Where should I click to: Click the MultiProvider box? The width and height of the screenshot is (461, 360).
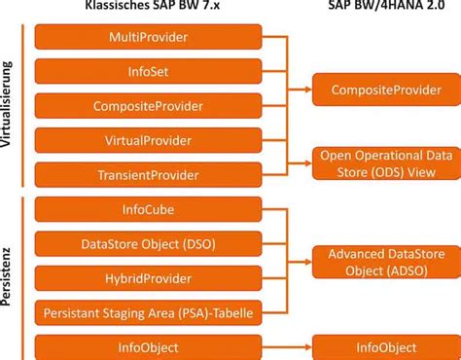(x=148, y=37)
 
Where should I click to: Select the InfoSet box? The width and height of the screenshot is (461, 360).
(x=148, y=72)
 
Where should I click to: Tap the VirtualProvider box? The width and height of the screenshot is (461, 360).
(x=148, y=140)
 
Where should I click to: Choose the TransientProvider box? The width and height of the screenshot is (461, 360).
(x=148, y=175)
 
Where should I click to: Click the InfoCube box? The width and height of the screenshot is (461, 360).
(x=148, y=209)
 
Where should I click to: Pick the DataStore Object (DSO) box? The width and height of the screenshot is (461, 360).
(x=148, y=243)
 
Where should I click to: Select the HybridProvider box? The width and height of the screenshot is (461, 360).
(x=148, y=278)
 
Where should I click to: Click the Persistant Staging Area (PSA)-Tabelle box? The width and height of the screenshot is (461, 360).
(x=148, y=312)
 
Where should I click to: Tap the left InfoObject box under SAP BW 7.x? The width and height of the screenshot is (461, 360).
(x=148, y=346)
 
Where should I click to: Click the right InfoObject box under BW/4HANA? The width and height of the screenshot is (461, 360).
(x=386, y=346)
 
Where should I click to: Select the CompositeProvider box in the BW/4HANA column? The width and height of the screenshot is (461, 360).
(x=386, y=90)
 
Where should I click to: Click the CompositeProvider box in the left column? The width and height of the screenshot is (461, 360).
(x=148, y=106)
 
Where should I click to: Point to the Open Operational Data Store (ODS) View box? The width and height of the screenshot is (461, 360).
(x=386, y=162)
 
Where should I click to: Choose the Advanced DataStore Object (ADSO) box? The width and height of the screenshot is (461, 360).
(x=386, y=261)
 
